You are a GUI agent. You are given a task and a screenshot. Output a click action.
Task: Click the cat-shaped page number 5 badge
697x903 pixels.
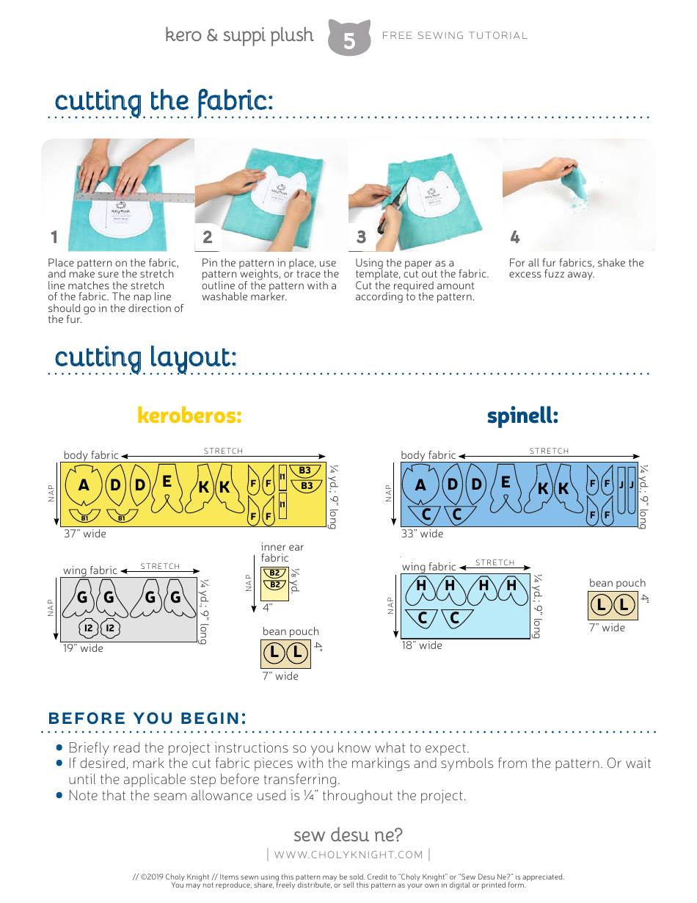348,39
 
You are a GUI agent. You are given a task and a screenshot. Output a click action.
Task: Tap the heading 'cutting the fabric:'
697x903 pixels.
164,101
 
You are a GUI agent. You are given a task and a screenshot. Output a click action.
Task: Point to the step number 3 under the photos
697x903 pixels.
361,237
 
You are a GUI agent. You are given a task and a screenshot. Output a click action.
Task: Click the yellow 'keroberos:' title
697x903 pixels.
189,416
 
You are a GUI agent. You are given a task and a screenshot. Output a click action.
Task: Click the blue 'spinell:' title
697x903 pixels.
522,416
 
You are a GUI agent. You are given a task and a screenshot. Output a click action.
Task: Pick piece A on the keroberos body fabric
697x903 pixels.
84,485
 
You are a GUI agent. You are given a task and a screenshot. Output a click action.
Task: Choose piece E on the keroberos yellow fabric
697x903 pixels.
167,482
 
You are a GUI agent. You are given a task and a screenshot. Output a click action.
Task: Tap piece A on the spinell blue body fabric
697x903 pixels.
420,485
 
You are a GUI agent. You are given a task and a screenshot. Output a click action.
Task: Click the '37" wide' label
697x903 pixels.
84,534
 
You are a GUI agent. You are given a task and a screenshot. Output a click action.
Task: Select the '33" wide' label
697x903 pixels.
422,534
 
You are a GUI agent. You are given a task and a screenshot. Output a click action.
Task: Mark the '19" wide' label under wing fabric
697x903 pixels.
83,648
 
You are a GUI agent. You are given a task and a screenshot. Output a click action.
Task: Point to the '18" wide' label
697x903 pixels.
422,645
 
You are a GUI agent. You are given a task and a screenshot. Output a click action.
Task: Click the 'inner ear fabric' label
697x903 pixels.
282,552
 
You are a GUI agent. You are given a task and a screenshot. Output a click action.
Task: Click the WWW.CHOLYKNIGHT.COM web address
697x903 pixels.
348,855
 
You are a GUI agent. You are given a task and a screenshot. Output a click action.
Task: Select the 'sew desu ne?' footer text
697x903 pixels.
348,835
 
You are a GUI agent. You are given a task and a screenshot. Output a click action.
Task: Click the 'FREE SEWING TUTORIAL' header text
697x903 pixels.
455,35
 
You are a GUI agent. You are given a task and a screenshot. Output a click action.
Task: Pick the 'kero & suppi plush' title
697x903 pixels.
239,35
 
